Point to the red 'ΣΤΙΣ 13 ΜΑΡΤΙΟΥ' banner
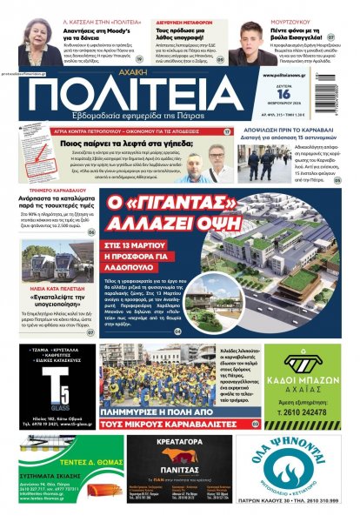click(143, 231)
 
